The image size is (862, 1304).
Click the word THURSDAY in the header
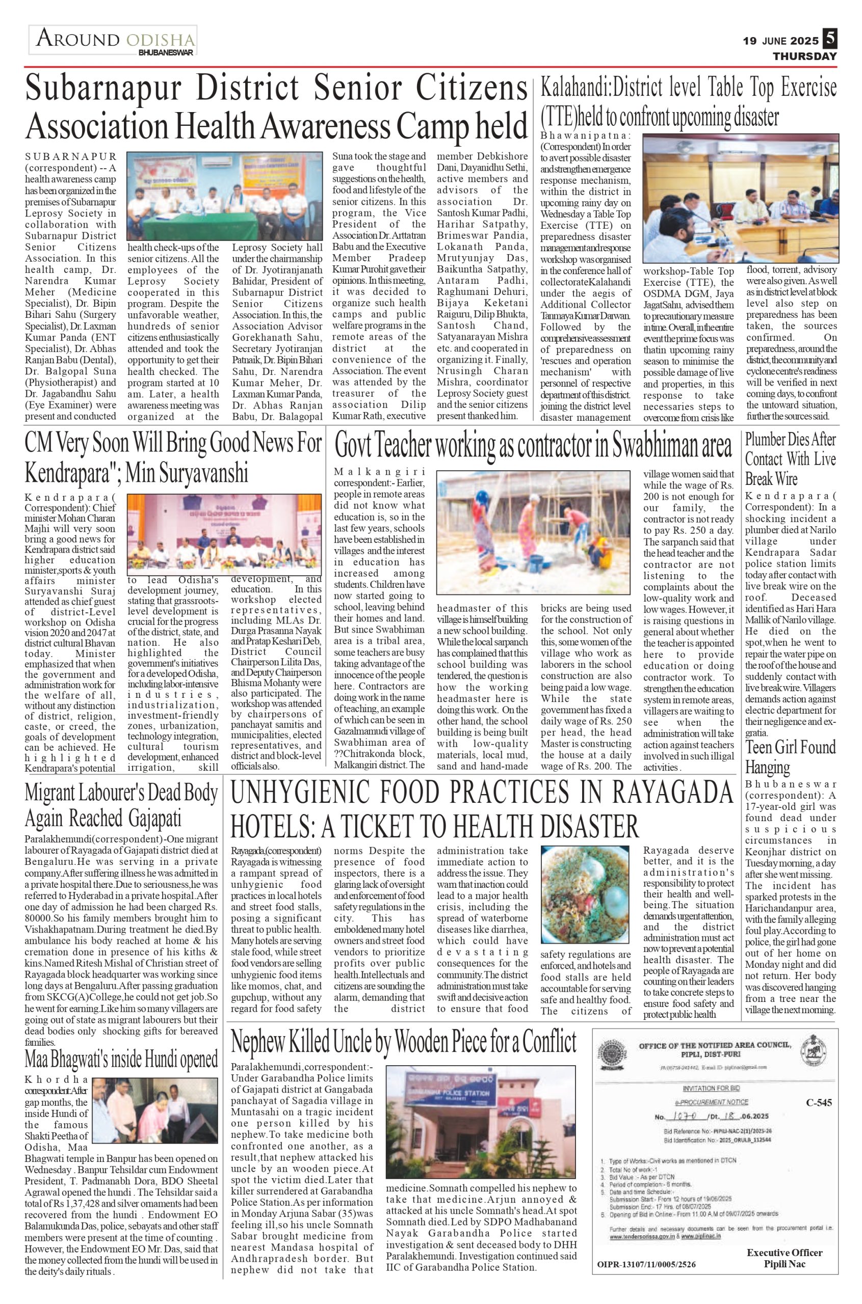coord(805,57)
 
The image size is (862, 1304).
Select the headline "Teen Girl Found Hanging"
coord(790,757)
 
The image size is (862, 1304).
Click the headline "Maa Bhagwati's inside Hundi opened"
coord(121,1058)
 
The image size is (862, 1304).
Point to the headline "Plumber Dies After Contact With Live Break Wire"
coord(790,458)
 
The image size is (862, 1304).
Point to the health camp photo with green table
coord(224,196)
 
